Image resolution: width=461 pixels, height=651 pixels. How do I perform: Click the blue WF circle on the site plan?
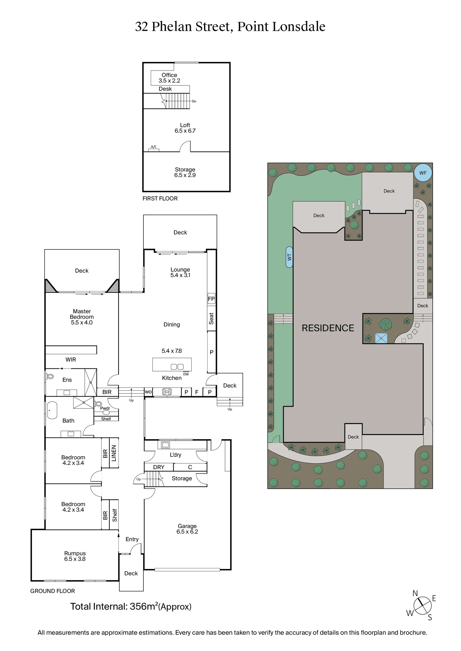[x=423, y=173]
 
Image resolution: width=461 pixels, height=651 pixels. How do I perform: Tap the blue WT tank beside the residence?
[x=289, y=257]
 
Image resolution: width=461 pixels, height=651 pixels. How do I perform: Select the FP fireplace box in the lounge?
[x=211, y=299]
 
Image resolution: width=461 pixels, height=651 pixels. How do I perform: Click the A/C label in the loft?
[x=154, y=147]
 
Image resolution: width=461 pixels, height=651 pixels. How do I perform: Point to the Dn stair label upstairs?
[x=194, y=101]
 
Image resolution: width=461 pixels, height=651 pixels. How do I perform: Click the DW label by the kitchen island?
[x=186, y=374]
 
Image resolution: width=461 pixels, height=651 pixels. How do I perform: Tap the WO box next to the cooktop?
[x=148, y=392]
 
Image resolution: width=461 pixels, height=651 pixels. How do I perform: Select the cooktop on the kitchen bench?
[x=167, y=392]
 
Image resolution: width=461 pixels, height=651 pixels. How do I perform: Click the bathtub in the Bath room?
[x=52, y=410]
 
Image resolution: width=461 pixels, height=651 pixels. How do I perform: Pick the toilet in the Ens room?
[x=50, y=376]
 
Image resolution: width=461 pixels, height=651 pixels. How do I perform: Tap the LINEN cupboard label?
[x=114, y=453]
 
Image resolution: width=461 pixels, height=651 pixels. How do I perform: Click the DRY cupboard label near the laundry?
[x=158, y=467]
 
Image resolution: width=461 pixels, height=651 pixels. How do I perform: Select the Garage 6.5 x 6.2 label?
[x=187, y=529]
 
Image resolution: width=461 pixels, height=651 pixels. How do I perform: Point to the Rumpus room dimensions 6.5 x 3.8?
[x=75, y=559]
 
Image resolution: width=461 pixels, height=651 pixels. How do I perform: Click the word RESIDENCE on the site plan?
[x=328, y=328]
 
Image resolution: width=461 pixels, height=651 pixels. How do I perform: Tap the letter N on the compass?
[x=415, y=593]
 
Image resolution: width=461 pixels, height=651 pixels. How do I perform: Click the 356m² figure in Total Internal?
[x=143, y=606]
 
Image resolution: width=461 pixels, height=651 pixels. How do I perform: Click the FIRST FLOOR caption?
[x=160, y=198]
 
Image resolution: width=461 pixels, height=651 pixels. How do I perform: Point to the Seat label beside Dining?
[x=211, y=318]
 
